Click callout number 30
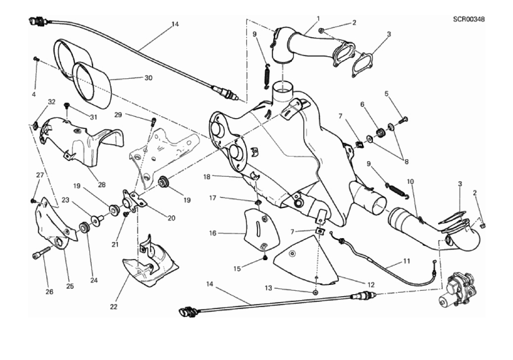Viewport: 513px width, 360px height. (x=148, y=78)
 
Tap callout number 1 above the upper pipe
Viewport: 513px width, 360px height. (x=317, y=18)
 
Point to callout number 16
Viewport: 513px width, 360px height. (x=213, y=232)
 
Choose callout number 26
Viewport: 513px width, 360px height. (x=49, y=292)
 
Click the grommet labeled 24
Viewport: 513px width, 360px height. (x=84, y=228)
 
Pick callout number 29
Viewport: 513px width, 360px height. (x=119, y=115)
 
